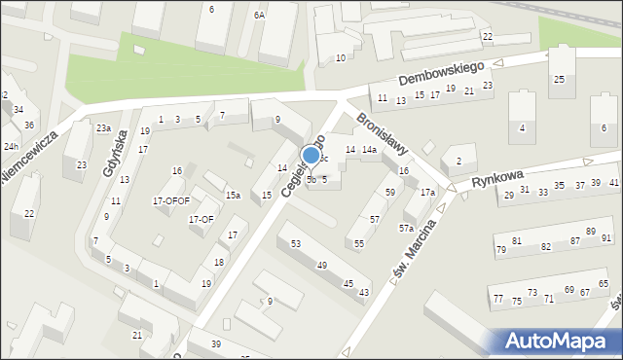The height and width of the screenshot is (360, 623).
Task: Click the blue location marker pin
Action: [311, 156]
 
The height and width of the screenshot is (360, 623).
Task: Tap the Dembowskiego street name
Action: [441, 72]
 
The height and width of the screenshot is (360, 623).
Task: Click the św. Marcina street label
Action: [416, 249]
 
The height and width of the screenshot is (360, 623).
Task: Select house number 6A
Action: [259, 16]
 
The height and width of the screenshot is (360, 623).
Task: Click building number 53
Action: [295, 243]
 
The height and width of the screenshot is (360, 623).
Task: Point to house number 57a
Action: [406, 228]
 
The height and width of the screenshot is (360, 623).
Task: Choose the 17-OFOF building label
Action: [170, 200]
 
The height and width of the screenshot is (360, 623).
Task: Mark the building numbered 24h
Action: [11, 146]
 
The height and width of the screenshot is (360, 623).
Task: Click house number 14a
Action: [369, 150]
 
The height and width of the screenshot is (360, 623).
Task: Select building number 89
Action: [590, 232]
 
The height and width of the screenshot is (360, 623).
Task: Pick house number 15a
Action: [233, 196]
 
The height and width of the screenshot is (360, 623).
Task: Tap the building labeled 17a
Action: [427, 193]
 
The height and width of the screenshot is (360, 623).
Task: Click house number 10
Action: [340, 58]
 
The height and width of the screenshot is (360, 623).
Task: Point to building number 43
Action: [364, 292]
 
